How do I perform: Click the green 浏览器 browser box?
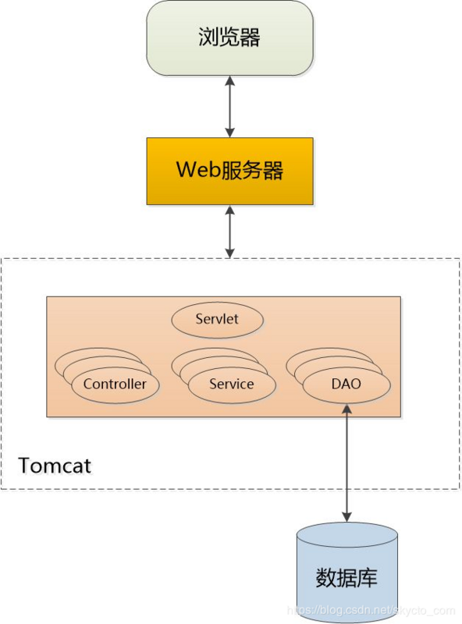(x=229, y=38)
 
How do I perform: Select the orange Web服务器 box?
(x=229, y=171)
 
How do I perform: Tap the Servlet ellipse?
(x=217, y=319)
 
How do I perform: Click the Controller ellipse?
(x=115, y=384)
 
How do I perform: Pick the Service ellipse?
(x=231, y=384)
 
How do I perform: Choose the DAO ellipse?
(x=346, y=384)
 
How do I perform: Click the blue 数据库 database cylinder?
(x=347, y=573)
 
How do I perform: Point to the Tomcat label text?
(x=55, y=466)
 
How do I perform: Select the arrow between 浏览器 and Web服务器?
(x=229, y=107)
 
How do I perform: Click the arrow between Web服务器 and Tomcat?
(x=229, y=232)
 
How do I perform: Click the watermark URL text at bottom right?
(x=371, y=611)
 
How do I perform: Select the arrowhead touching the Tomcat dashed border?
(x=229, y=253)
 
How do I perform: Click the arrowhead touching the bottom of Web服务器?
(x=229, y=211)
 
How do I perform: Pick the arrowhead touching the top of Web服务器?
(x=229, y=133)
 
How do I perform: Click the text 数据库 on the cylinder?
(x=347, y=578)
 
